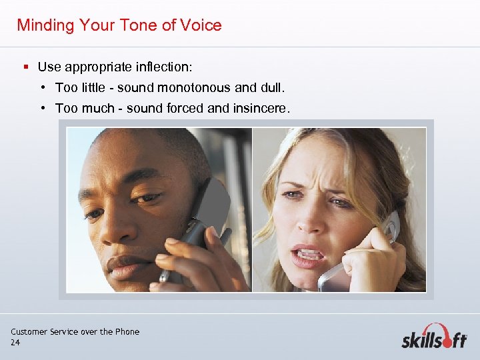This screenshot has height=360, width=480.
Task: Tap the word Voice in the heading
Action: pyautogui.click(x=201, y=25)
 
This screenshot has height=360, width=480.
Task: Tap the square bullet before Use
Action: pyautogui.click(x=25, y=67)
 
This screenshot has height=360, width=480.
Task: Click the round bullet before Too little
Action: pyautogui.click(x=42, y=87)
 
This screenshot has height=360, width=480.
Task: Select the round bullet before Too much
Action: pyautogui.click(x=42, y=108)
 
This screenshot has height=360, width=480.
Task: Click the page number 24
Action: pyautogui.click(x=15, y=342)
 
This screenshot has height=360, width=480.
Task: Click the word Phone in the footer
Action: pyautogui.click(x=127, y=331)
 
